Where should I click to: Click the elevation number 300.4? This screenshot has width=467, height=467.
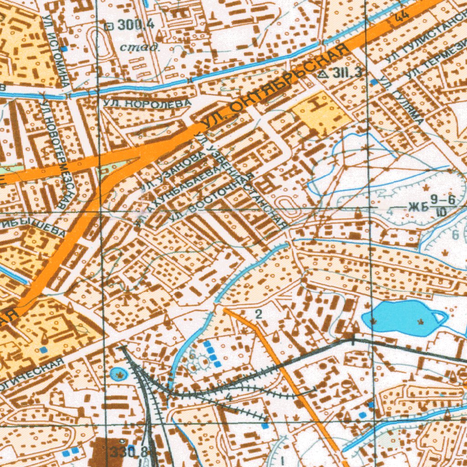tap(136, 26)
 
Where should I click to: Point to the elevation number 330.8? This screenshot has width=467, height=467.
tap(130, 452)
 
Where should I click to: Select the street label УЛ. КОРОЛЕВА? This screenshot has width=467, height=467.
tap(146, 104)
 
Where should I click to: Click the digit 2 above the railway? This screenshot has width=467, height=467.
tap(259, 314)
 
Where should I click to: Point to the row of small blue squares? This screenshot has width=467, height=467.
tap(212, 353)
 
